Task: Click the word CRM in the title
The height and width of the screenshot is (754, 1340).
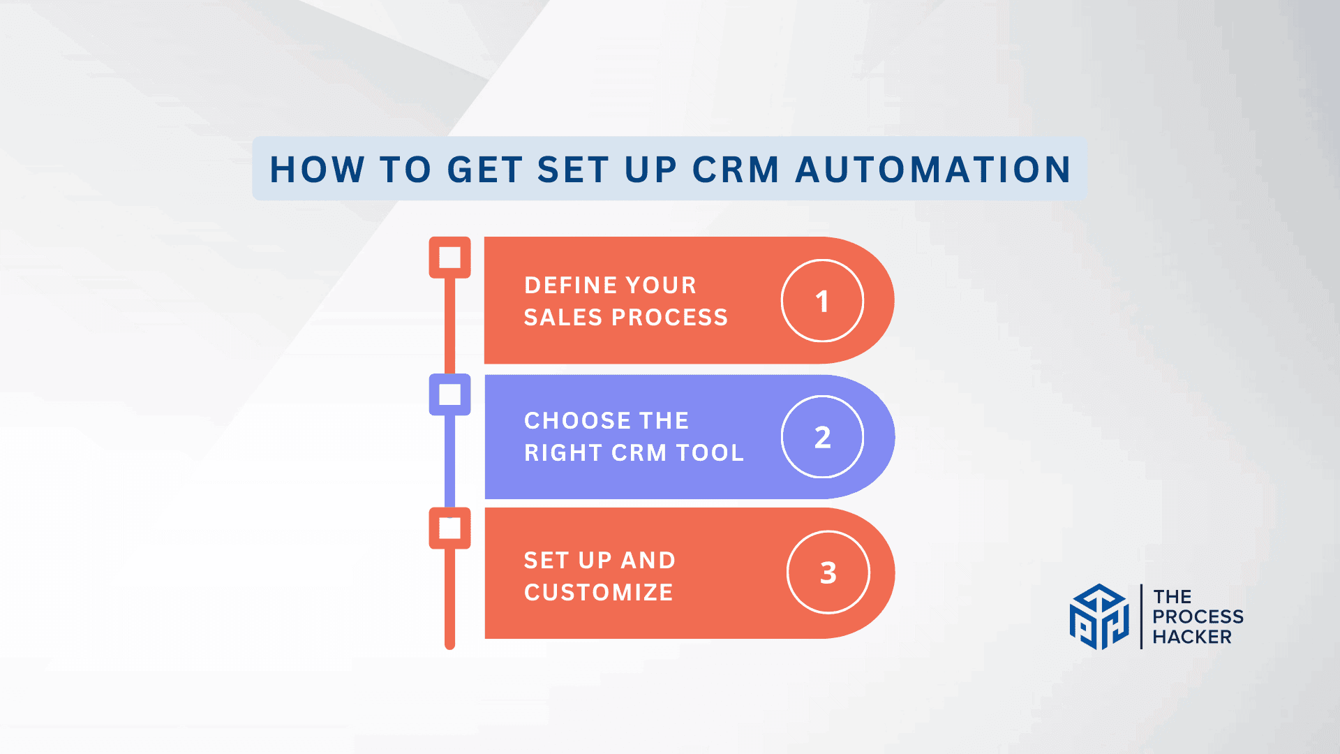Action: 735,170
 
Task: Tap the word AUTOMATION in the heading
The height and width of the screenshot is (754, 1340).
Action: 933,170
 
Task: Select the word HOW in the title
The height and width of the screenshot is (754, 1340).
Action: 317,170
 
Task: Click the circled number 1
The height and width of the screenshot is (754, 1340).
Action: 822,301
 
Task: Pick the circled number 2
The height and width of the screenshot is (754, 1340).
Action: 822,437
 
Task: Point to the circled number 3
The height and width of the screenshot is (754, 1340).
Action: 828,572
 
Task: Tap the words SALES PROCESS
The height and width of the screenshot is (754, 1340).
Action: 625,317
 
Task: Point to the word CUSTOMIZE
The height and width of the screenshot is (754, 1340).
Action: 598,592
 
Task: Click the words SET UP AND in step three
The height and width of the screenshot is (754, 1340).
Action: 600,560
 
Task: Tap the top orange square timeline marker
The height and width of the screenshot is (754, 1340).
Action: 449,257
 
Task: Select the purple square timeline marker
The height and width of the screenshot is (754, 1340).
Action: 449,394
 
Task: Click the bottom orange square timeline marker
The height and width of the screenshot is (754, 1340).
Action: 449,528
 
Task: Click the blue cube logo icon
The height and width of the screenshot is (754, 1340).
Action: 1099,616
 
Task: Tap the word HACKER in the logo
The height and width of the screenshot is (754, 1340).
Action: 1192,637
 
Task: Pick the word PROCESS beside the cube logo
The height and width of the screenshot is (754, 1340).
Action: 1198,616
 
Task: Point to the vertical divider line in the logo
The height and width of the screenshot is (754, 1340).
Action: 1141,616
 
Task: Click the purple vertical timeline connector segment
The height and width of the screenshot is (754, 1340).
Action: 449,461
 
